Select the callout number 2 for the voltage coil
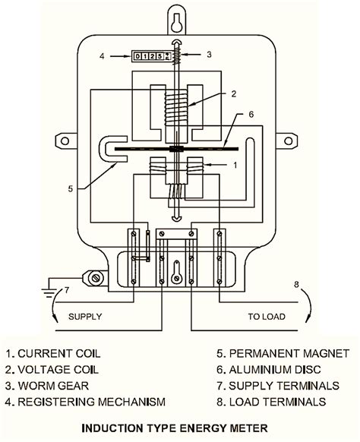coord(235,93)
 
